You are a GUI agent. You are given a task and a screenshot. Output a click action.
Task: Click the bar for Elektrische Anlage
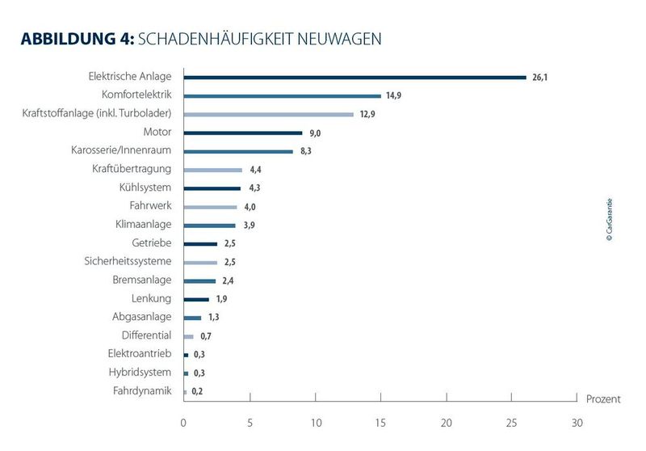coord(354,78)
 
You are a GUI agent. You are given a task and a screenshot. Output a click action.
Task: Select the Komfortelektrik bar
coord(282,95)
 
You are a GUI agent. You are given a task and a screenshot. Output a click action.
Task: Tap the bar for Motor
coord(242,133)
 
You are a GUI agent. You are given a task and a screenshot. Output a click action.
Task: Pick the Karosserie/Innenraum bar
coord(238,151)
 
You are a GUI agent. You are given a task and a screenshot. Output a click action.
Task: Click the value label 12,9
coord(368,114)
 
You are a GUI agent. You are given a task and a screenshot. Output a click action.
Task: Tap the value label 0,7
coord(206,336)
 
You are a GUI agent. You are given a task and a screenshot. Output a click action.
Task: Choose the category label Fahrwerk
coord(150,206)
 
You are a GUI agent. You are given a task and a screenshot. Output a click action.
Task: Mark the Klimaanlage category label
coord(144,225)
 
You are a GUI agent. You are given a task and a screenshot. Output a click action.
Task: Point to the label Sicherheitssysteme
coord(128,261)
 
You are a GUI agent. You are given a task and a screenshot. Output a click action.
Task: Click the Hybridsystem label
coord(140,373)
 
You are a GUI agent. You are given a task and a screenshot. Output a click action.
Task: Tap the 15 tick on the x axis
coord(380,422)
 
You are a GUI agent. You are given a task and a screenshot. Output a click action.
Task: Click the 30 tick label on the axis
coord(577,422)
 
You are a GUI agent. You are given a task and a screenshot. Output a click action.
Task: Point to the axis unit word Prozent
coord(604,399)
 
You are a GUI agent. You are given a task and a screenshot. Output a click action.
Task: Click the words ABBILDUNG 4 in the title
coord(77,39)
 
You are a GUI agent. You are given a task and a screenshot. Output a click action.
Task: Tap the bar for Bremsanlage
coord(199,280)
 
